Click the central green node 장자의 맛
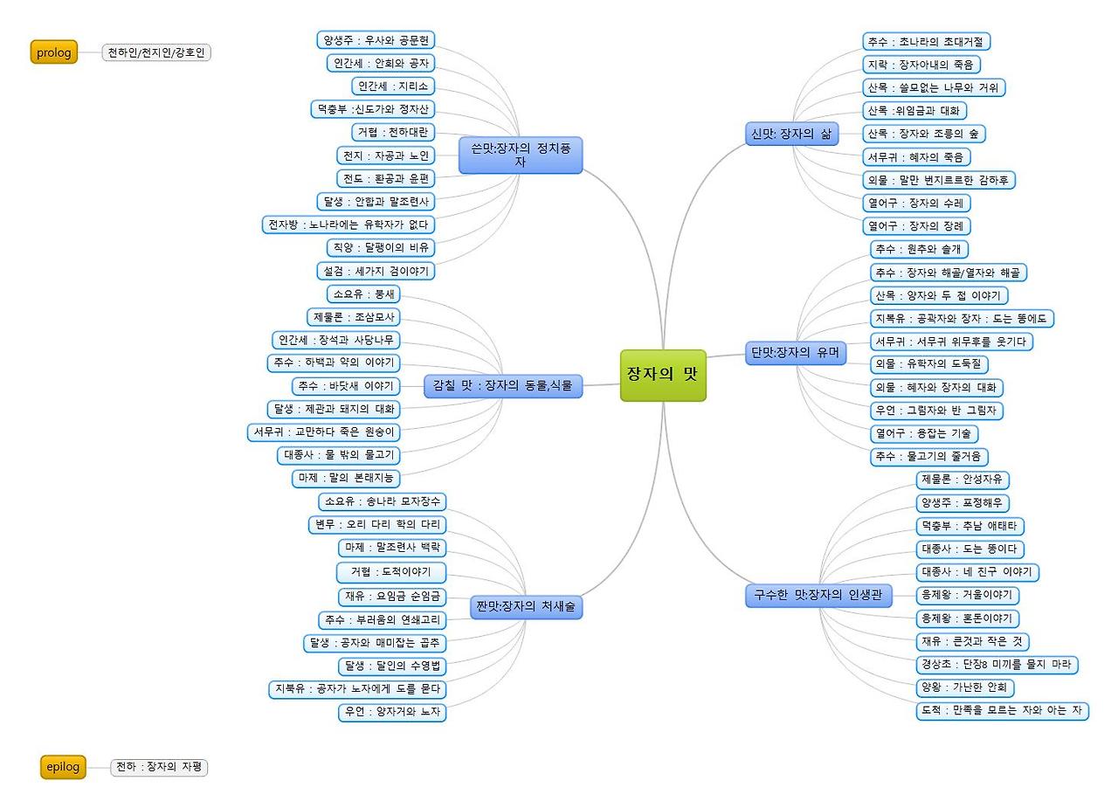pyautogui.click(x=663, y=375)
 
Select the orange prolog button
pyautogui.click(x=54, y=52)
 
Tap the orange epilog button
pyautogui.click(x=63, y=767)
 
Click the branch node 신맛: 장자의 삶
pyautogui.click(x=791, y=134)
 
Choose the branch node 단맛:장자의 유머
pyautogui.click(x=796, y=353)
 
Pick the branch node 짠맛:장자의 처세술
pyautogui.click(x=526, y=607)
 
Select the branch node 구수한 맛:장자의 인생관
pyautogui.click(x=818, y=596)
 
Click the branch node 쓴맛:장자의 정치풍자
pyautogui.click(x=521, y=155)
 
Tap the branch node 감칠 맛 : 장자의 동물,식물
pyautogui.click(x=502, y=385)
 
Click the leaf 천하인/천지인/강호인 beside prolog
pyautogui.click(x=156, y=52)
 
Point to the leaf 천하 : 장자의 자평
pyautogui.click(x=159, y=767)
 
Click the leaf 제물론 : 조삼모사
pyautogui.click(x=354, y=317)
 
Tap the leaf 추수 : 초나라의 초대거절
pyautogui.click(x=926, y=41)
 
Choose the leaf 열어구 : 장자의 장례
pyautogui.click(x=915, y=225)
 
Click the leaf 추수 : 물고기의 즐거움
pyautogui.click(x=929, y=456)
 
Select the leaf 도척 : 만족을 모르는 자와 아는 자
pyautogui.click(x=1002, y=710)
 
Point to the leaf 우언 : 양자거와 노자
pyautogui.click(x=392, y=712)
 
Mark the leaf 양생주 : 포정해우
pyautogui.click(x=963, y=503)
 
